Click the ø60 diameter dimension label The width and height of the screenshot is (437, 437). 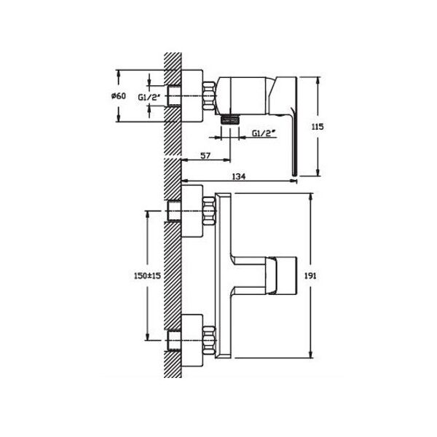pos(119,96)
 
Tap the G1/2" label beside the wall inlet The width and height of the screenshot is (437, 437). pos(149,98)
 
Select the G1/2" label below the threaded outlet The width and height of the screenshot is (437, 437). pos(264,133)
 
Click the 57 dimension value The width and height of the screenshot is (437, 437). pos(205,156)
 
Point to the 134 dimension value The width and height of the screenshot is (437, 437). pos(239,176)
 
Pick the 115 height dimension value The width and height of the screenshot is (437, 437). pos(318,127)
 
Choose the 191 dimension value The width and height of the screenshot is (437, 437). pos(310,275)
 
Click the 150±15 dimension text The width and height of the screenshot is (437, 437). pos(147,276)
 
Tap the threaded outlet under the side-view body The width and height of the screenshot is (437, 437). pos(230,120)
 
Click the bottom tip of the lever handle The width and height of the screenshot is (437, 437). pos(295,176)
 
